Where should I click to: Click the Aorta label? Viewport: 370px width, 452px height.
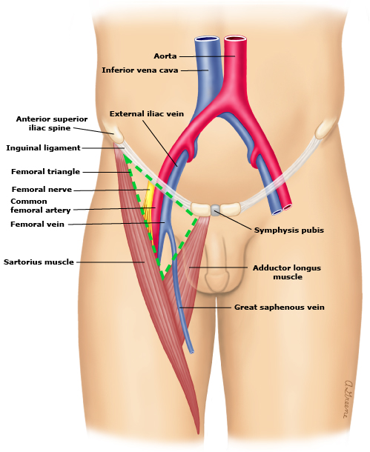[165, 56]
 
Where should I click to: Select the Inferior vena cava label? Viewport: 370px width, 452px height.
[140, 70]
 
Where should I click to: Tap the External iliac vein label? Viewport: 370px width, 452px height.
[147, 114]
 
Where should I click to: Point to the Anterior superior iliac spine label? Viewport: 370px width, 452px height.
[52, 124]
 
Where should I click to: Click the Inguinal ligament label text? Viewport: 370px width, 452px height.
[43, 148]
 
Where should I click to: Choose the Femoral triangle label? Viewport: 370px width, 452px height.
[45, 171]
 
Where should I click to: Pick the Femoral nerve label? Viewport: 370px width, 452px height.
[42, 190]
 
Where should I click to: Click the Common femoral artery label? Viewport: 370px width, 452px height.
[40, 205]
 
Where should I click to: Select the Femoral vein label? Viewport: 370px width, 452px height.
[37, 224]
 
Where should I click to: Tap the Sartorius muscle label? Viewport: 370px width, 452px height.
[39, 262]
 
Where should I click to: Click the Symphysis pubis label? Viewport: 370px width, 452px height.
[289, 230]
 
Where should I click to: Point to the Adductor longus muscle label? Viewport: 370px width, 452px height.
[287, 273]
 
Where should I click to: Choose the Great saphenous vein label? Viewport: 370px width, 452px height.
[279, 308]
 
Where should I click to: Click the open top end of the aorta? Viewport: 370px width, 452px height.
[235, 39]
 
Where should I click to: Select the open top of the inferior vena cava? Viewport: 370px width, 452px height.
[206, 39]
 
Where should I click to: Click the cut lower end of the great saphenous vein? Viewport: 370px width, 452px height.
[191, 352]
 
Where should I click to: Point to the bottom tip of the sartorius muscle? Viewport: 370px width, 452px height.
[198, 433]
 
